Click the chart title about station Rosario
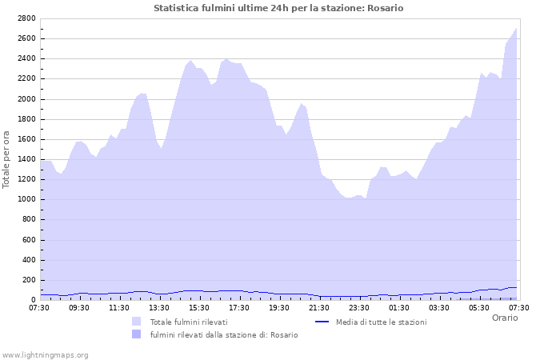(278, 8)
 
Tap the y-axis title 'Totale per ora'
(7, 159)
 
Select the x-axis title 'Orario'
(504, 318)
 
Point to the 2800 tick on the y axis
(26, 18)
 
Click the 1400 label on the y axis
(26, 159)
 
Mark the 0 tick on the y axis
(34, 300)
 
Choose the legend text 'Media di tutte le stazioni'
(381, 322)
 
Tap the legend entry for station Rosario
(224, 334)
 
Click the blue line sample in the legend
(322, 322)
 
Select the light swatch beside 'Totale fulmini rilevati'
(137, 322)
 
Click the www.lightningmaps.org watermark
(45, 354)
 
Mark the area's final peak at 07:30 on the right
(517, 29)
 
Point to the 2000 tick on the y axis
(26, 99)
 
